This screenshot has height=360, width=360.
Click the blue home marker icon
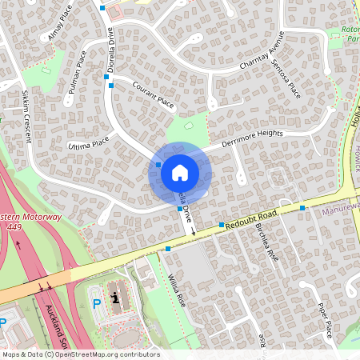pyautogui.click(x=180, y=172)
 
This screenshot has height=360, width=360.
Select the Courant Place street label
pyautogui.click(x=153, y=94)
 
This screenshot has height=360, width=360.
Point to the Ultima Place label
pyautogui.click(x=88, y=145)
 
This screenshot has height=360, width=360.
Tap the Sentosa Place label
pyautogui.click(x=286, y=78)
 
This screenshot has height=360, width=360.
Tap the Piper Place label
pyautogui.click(x=324, y=319)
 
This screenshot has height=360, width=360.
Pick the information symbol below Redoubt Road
pyautogui.click(x=116, y=298)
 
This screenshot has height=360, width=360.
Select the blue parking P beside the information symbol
pyautogui.click(x=98, y=303)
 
